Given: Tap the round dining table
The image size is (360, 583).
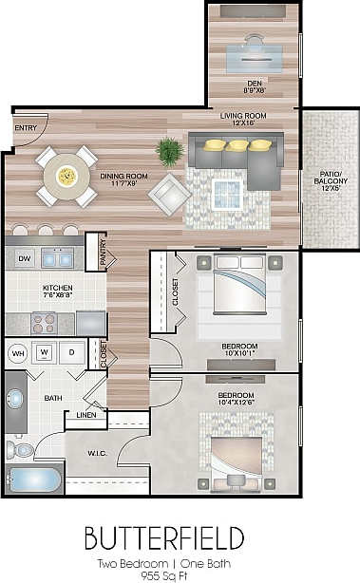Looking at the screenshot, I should click(66, 176).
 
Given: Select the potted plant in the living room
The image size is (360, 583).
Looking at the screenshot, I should click(170, 151).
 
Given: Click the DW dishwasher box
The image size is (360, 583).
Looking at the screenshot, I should click(24, 256).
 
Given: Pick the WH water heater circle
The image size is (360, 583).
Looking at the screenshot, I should click(17, 353).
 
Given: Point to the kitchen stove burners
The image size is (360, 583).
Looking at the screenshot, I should click(45, 323).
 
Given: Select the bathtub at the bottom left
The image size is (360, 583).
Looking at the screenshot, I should click(34, 480).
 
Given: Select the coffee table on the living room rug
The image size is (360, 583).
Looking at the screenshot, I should click(227, 194).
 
